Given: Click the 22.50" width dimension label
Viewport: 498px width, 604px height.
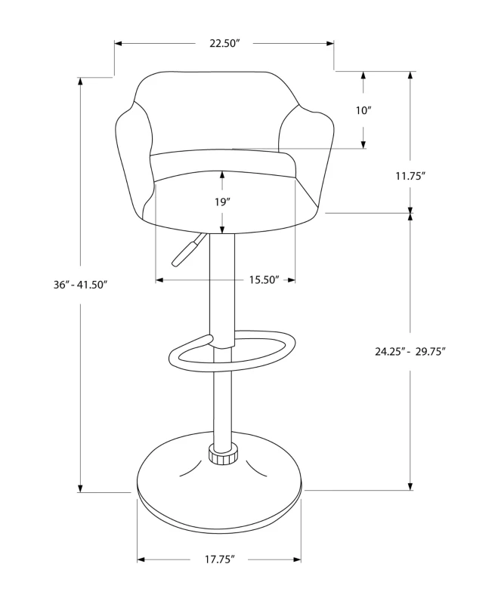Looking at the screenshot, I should point(224,43).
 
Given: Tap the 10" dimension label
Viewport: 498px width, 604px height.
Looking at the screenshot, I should point(363,111).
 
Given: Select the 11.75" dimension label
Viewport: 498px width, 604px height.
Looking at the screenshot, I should point(410,176).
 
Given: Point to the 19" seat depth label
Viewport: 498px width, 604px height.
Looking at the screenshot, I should point(222,202).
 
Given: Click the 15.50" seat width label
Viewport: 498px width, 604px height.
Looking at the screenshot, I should point(264,280).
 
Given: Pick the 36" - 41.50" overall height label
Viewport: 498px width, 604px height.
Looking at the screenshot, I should point(81,285).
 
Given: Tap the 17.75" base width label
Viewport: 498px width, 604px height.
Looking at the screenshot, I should point(220,559).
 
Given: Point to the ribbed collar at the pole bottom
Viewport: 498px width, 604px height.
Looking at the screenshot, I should point(222,455).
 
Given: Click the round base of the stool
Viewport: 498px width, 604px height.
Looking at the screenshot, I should point(219,491).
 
